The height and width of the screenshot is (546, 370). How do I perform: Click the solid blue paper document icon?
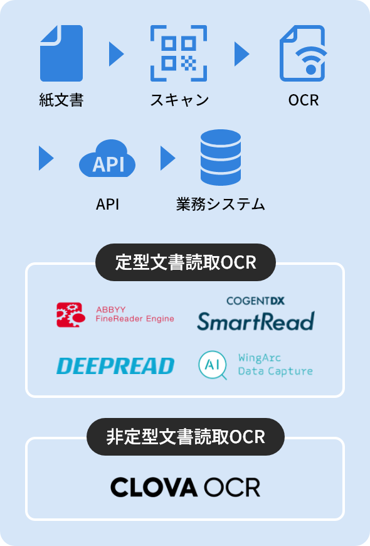pyautogui.click(x=61, y=53)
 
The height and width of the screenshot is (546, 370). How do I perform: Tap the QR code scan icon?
pyautogui.click(x=179, y=53)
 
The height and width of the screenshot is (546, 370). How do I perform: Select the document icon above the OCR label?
pyautogui.click(x=303, y=53)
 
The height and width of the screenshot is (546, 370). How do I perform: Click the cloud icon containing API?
pyautogui.click(x=107, y=159)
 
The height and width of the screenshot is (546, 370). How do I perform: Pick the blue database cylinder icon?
pyautogui.click(x=221, y=158)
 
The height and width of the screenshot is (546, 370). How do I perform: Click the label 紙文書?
pyautogui.click(x=61, y=100)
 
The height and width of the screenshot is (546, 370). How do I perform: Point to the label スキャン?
pyautogui.click(x=179, y=100)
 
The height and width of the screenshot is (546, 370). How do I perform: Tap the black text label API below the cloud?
pyautogui.click(x=108, y=205)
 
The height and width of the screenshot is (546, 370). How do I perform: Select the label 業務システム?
pyautogui.click(x=221, y=205)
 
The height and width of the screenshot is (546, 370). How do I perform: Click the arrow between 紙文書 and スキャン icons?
pyautogui.click(x=116, y=53)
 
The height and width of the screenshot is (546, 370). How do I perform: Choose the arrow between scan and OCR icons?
pyautogui.click(x=242, y=53)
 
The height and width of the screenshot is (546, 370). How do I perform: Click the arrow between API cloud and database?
pyautogui.click(x=168, y=158)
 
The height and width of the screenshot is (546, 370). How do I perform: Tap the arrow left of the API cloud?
pyautogui.click(x=46, y=158)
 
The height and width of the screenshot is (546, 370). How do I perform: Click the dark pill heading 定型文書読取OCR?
pyautogui.click(x=186, y=262)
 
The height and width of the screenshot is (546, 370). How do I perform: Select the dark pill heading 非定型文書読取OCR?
pyautogui.click(x=186, y=437)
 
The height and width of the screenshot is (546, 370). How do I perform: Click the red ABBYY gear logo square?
pyautogui.click(x=71, y=315)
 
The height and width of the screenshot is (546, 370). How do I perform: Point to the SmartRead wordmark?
pyautogui.click(x=256, y=321)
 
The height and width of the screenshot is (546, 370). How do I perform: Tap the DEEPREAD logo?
pyautogui.click(x=115, y=366)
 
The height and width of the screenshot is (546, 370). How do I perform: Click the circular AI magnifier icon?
pyautogui.click(x=213, y=365)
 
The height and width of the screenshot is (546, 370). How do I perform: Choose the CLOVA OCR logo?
pyautogui.click(x=185, y=488)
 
